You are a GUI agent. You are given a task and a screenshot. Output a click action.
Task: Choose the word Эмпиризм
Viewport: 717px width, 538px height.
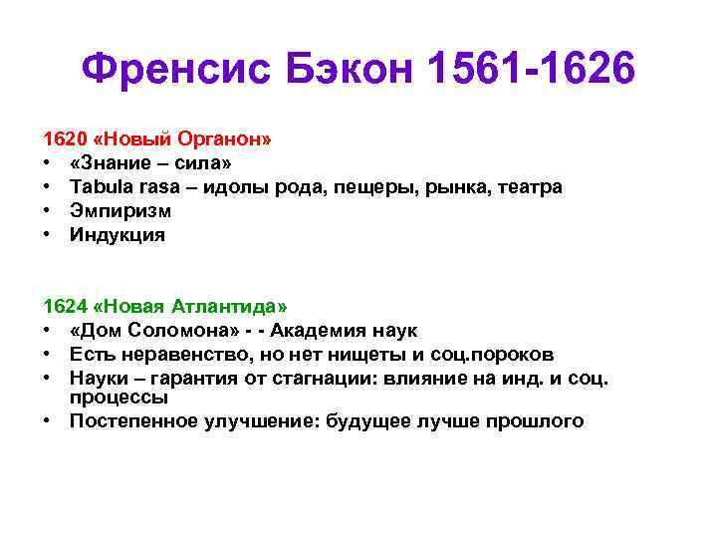[x=119, y=211]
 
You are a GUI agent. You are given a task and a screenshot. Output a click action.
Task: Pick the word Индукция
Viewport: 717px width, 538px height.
[x=118, y=235]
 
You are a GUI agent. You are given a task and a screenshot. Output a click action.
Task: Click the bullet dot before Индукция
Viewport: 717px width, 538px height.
[x=47, y=235]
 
